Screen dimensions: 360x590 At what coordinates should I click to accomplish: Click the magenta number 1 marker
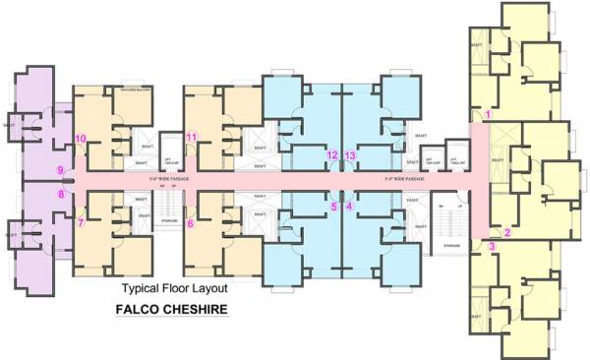tap(488, 115)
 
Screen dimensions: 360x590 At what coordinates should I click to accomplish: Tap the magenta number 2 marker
tap(506, 232)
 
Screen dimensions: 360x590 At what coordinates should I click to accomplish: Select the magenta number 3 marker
tap(492, 246)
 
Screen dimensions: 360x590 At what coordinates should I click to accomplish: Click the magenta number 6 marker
tap(190, 223)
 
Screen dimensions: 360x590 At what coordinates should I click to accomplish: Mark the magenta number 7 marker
tap(81, 222)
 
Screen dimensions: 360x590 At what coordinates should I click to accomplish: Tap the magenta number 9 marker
tap(60, 170)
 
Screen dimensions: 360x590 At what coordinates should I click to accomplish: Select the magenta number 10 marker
tap(81, 138)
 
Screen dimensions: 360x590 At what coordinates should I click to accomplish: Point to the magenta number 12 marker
tap(332, 154)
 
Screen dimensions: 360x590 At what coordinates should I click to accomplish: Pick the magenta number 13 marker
tap(350, 154)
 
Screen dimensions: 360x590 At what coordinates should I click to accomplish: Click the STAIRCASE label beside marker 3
tap(451, 245)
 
